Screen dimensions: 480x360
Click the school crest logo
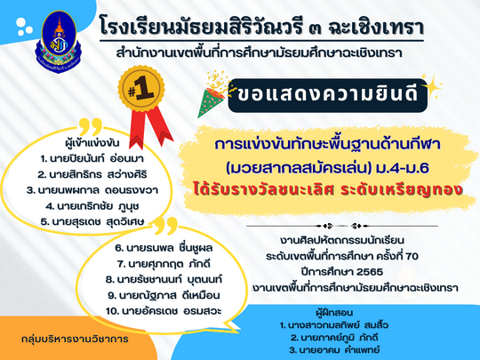point(59,42)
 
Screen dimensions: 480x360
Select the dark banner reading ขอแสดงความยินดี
point(327,95)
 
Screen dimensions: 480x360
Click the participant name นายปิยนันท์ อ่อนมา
point(92,158)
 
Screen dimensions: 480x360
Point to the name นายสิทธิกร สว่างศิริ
point(92,174)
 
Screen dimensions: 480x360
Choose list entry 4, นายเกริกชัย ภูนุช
point(92,206)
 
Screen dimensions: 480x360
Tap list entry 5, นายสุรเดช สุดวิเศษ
point(92,221)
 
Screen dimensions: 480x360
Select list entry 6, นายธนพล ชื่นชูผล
point(164,248)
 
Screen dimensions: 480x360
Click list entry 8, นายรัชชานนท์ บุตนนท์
point(164,279)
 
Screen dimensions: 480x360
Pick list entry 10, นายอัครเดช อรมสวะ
point(164,311)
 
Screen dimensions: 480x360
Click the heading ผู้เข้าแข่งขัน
point(92,143)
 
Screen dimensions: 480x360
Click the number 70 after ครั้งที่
point(412,256)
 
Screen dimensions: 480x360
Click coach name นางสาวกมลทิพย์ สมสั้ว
point(334,325)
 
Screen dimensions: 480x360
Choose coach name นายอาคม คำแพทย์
point(334,350)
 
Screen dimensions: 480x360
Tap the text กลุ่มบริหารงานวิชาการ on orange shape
point(75,340)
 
